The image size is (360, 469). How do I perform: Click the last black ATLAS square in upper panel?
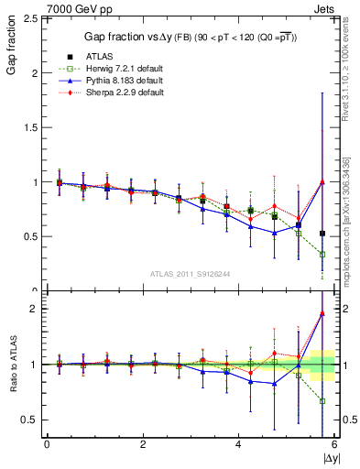click(322, 234)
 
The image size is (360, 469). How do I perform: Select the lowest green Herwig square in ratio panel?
click(322, 400)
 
